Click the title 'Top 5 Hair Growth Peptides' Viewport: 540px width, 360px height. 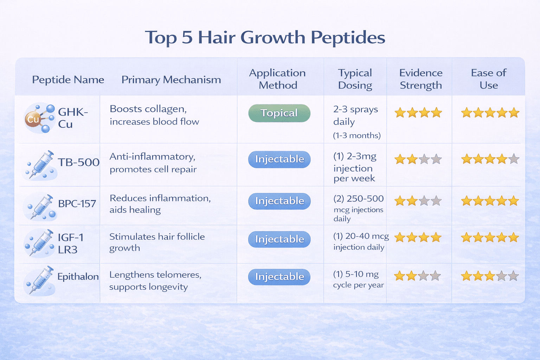[x=265, y=37]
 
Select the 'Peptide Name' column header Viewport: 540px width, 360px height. [x=68, y=80]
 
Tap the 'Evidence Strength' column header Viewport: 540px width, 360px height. [x=421, y=79]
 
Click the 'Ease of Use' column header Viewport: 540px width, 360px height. [x=488, y=79]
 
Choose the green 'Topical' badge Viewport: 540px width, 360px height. [x=279, y=113]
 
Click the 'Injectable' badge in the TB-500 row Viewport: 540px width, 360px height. [x=279, y=159]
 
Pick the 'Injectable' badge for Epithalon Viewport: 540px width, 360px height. [x=279, y=277]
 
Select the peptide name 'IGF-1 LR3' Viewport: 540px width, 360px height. [x=70, y=243]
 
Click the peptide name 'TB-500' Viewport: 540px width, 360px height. [x=78, y=162]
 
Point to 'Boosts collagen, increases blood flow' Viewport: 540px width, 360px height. [x=154, y=115]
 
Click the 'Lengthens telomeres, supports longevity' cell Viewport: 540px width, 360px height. [x=155, y=281]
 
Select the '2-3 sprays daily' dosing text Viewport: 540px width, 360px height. [x=355, y=115]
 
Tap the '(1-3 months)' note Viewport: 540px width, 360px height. [x=356, y=136]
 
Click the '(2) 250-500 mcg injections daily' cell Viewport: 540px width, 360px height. [x=358, y=208]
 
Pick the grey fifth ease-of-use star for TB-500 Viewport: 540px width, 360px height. [x=514, y=159]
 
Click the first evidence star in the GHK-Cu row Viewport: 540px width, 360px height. [x=400, y=113]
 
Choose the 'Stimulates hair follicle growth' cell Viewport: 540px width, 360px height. [x=157, y=242]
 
